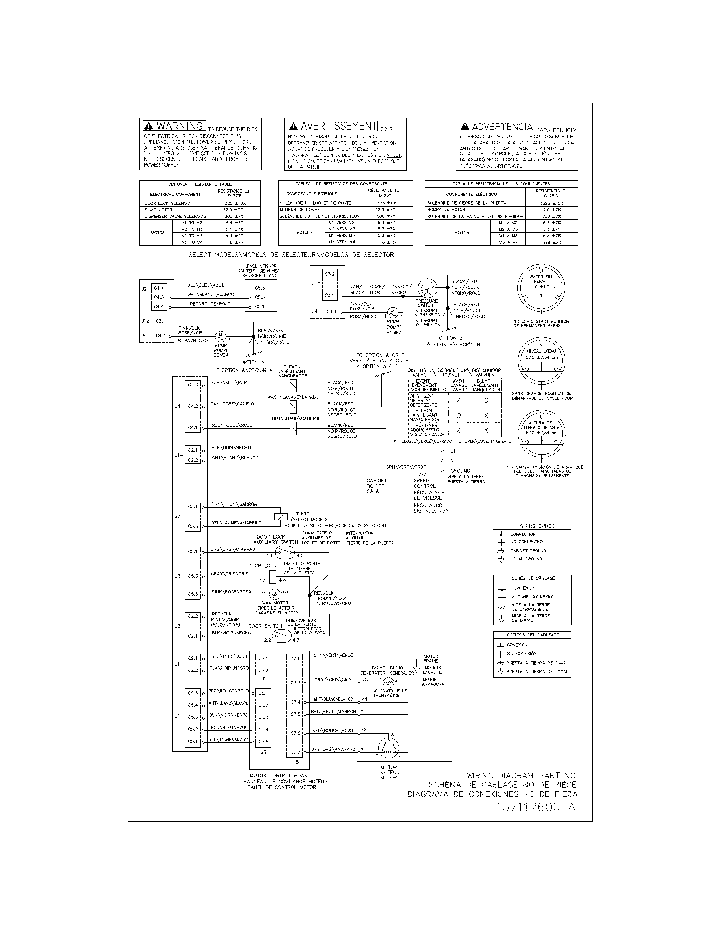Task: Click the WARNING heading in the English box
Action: (x=174, y=126)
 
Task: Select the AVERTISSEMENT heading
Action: (x=333, y=126)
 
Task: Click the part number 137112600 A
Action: (x=536, y=808)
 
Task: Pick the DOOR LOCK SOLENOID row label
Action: (x=167, y=203)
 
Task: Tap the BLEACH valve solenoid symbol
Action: (x=293, y=386)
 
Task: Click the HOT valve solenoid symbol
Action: (x=293, y=429)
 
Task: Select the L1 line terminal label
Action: (x=453, y=451)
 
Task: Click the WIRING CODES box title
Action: (x=531, y=526)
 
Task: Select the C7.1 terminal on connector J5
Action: (x=295, y=658)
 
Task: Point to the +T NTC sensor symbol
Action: (x=280, y=516)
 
